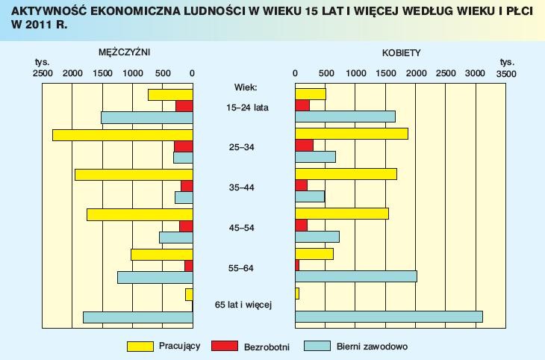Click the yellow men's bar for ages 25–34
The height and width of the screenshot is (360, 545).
(122, 134)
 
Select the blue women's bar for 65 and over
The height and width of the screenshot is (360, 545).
(388, 317)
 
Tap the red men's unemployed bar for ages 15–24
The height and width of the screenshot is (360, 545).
(184, 106)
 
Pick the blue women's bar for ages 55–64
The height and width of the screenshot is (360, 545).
(356, 276)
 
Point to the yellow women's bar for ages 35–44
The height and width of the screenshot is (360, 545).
(346, 174)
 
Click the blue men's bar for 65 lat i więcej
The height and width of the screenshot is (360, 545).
(137, 317)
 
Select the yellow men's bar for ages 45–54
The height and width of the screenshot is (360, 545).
(140, 214)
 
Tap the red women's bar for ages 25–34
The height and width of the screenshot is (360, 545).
(304, 146)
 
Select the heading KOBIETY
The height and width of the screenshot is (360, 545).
(401, 53)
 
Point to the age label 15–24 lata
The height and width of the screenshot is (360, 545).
(247, 108)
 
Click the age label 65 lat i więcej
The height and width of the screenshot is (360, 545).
(243, 305)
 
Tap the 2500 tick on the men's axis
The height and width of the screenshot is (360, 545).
(43, 73)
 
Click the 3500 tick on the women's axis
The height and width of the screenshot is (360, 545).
(505, 74)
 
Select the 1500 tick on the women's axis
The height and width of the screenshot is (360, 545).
(385, 73)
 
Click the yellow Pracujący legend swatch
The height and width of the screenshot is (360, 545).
(140, 346)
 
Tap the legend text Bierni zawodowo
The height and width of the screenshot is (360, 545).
(372, 347)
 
